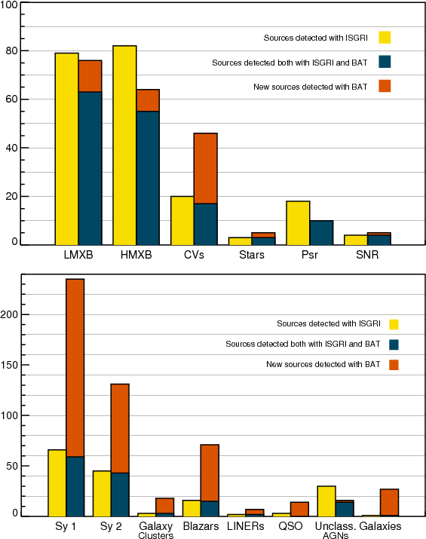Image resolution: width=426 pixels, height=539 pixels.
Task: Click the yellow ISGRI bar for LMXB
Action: tap(66, 149)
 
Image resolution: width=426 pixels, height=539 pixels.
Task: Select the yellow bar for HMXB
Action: tap(124, 145)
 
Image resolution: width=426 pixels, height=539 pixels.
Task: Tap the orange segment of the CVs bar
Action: tap(206, 168)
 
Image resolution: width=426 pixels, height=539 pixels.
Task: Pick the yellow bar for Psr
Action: tap(298, 222)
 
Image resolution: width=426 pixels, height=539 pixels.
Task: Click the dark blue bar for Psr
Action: tap(321, 233)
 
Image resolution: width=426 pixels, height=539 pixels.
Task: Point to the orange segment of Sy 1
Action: tap(75, 368)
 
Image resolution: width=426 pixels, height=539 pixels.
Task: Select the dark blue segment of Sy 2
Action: tap(120, 495)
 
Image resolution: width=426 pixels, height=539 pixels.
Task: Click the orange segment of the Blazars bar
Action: tap(210, 473)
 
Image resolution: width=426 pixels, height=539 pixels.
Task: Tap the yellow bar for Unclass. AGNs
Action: tap(326, 501)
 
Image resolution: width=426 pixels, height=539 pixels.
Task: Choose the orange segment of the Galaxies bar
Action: tap(390, 502)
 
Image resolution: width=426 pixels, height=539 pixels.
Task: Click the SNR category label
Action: tap(367, 255)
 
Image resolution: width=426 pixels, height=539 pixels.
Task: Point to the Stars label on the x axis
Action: tap(252, 255)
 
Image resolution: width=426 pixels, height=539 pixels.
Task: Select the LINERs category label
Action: tap(246, 526)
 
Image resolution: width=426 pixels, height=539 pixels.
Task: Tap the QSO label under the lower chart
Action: tap(290, 526)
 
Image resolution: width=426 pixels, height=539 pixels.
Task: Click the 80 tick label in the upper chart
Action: tap(12, 51)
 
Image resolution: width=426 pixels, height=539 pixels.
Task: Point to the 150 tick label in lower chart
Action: tap(9, 365)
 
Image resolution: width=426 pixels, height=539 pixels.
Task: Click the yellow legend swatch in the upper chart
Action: tap(385, 38)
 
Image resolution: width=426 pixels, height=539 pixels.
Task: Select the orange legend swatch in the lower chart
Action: tap(394, 365)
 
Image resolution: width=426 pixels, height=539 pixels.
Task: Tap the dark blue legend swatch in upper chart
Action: tap(385, 62)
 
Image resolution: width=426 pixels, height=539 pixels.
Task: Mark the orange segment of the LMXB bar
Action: tap(90, 76)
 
